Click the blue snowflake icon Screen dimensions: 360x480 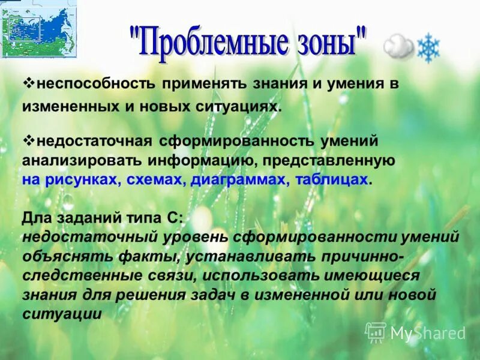[x=428, y=48]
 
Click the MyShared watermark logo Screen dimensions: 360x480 [x=415, y=333]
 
